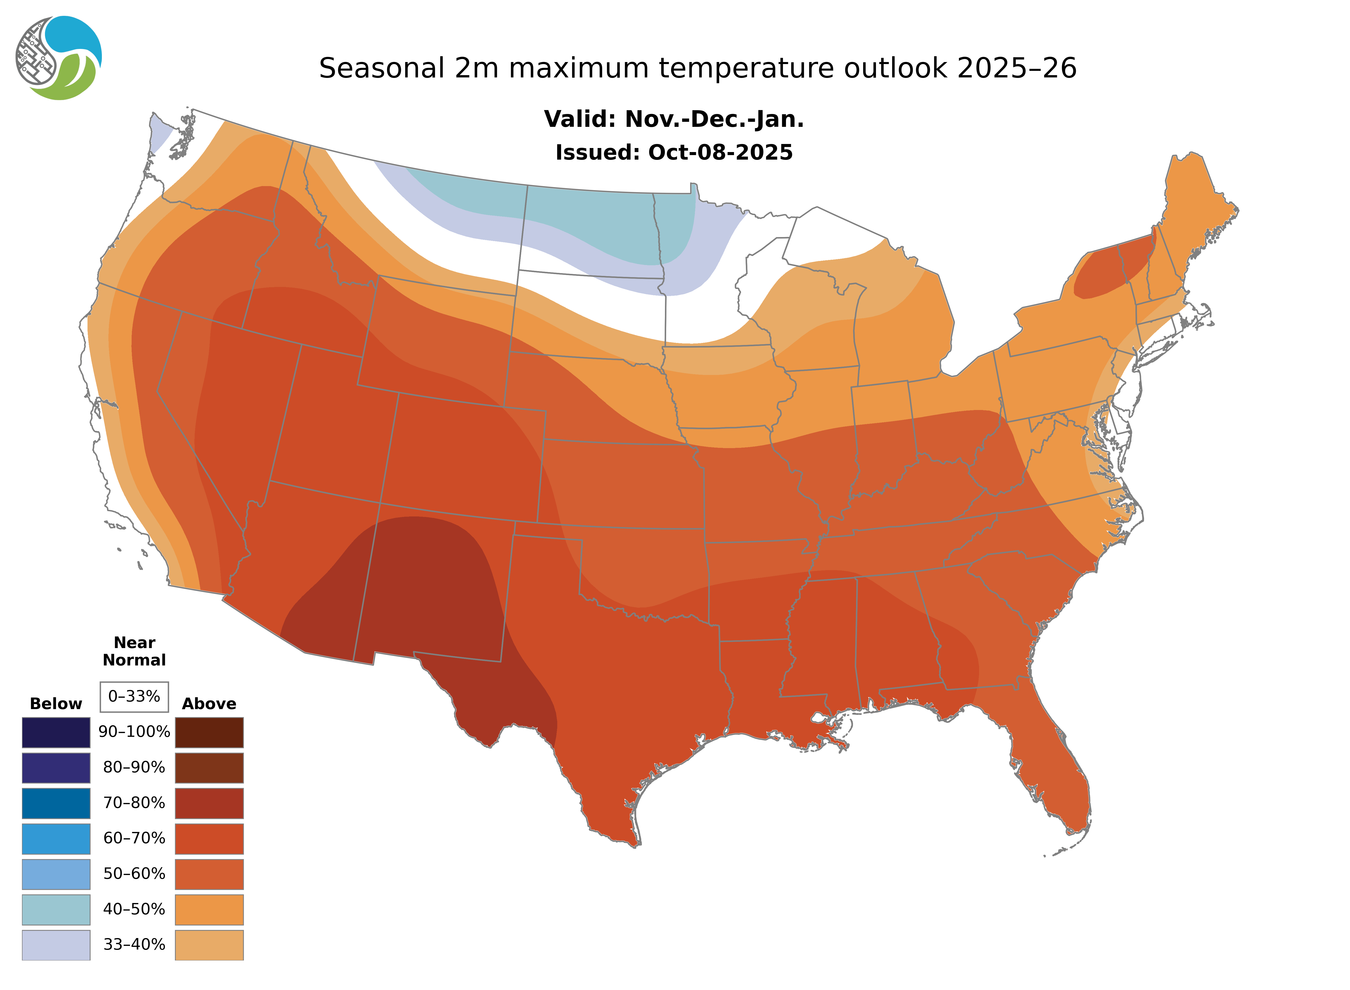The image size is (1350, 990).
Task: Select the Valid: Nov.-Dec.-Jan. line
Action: tap(673, 119)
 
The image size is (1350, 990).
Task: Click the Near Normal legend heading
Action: tap(134, 651)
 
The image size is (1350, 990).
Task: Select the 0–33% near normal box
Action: tap(134, 696)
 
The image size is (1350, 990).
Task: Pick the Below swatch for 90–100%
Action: tap(56, 732)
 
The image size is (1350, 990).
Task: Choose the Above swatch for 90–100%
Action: tap(209, 732)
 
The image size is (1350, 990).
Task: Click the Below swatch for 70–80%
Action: tap(56, 803)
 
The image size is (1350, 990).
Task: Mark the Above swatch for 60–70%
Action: tap(209, 838)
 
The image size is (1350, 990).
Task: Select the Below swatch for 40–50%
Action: tap(56, 909)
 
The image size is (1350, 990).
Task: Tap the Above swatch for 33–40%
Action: tap(209, 944)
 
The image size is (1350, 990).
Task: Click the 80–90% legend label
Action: tap(134, 768)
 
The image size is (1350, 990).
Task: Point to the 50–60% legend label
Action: tap(134, 874)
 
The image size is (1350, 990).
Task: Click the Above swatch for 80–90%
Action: tap(209, 768)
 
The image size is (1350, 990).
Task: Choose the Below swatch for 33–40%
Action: tap(56, 944)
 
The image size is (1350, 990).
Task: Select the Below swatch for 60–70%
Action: tap(56, 838)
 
